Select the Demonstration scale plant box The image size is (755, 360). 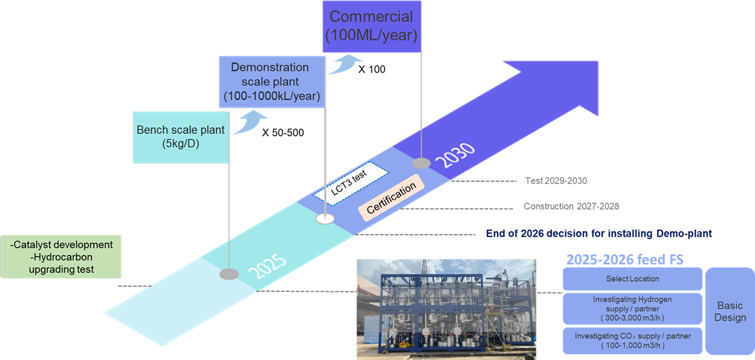269,82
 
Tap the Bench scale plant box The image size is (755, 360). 180,136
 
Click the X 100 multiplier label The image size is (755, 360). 371,69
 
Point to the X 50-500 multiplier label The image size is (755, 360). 283,133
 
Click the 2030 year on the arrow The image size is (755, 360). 454,156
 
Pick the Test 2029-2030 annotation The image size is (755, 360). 556,181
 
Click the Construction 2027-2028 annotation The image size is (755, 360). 571,206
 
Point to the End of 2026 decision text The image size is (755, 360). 599,233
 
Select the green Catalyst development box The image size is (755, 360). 61,257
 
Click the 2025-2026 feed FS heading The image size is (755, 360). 624,260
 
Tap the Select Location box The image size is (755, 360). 632,279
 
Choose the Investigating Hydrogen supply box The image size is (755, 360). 632,308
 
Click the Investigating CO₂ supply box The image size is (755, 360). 632,341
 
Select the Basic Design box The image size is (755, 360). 730,311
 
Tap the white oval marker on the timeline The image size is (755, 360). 325,219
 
